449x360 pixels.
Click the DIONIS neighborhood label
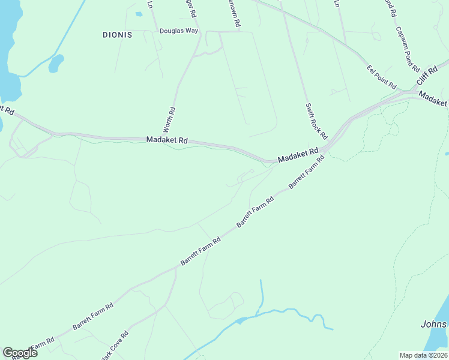[117, 35]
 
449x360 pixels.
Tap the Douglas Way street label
[179, 31]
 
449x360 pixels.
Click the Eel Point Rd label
[382, 76]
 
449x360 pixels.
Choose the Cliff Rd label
[426, 74]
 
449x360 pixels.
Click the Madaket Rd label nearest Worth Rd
[167, 140]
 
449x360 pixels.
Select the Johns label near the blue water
[434, 325]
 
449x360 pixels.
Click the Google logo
[20, 352]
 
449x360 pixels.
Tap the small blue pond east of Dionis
[56, 63]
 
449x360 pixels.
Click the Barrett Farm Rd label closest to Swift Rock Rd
[306, 172]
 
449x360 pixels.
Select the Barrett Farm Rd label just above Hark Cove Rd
[93, 316]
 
